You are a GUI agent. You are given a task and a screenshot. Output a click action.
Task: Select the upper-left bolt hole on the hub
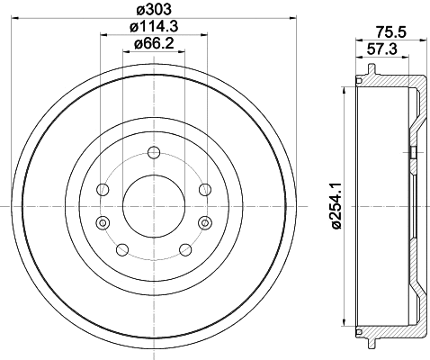pyautogui.click(x=103, y=189)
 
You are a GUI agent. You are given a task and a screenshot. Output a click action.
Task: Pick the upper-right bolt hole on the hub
pyautogui.click(x=204, y=189)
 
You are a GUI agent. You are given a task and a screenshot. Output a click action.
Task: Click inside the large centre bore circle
pyautogui.click(x=153, y=206)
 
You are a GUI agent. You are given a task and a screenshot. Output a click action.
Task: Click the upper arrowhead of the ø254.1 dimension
pyautogui.click(x=345, y=90)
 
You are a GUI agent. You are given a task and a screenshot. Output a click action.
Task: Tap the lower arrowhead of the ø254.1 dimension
pyautogui.click(x=345, y=324)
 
